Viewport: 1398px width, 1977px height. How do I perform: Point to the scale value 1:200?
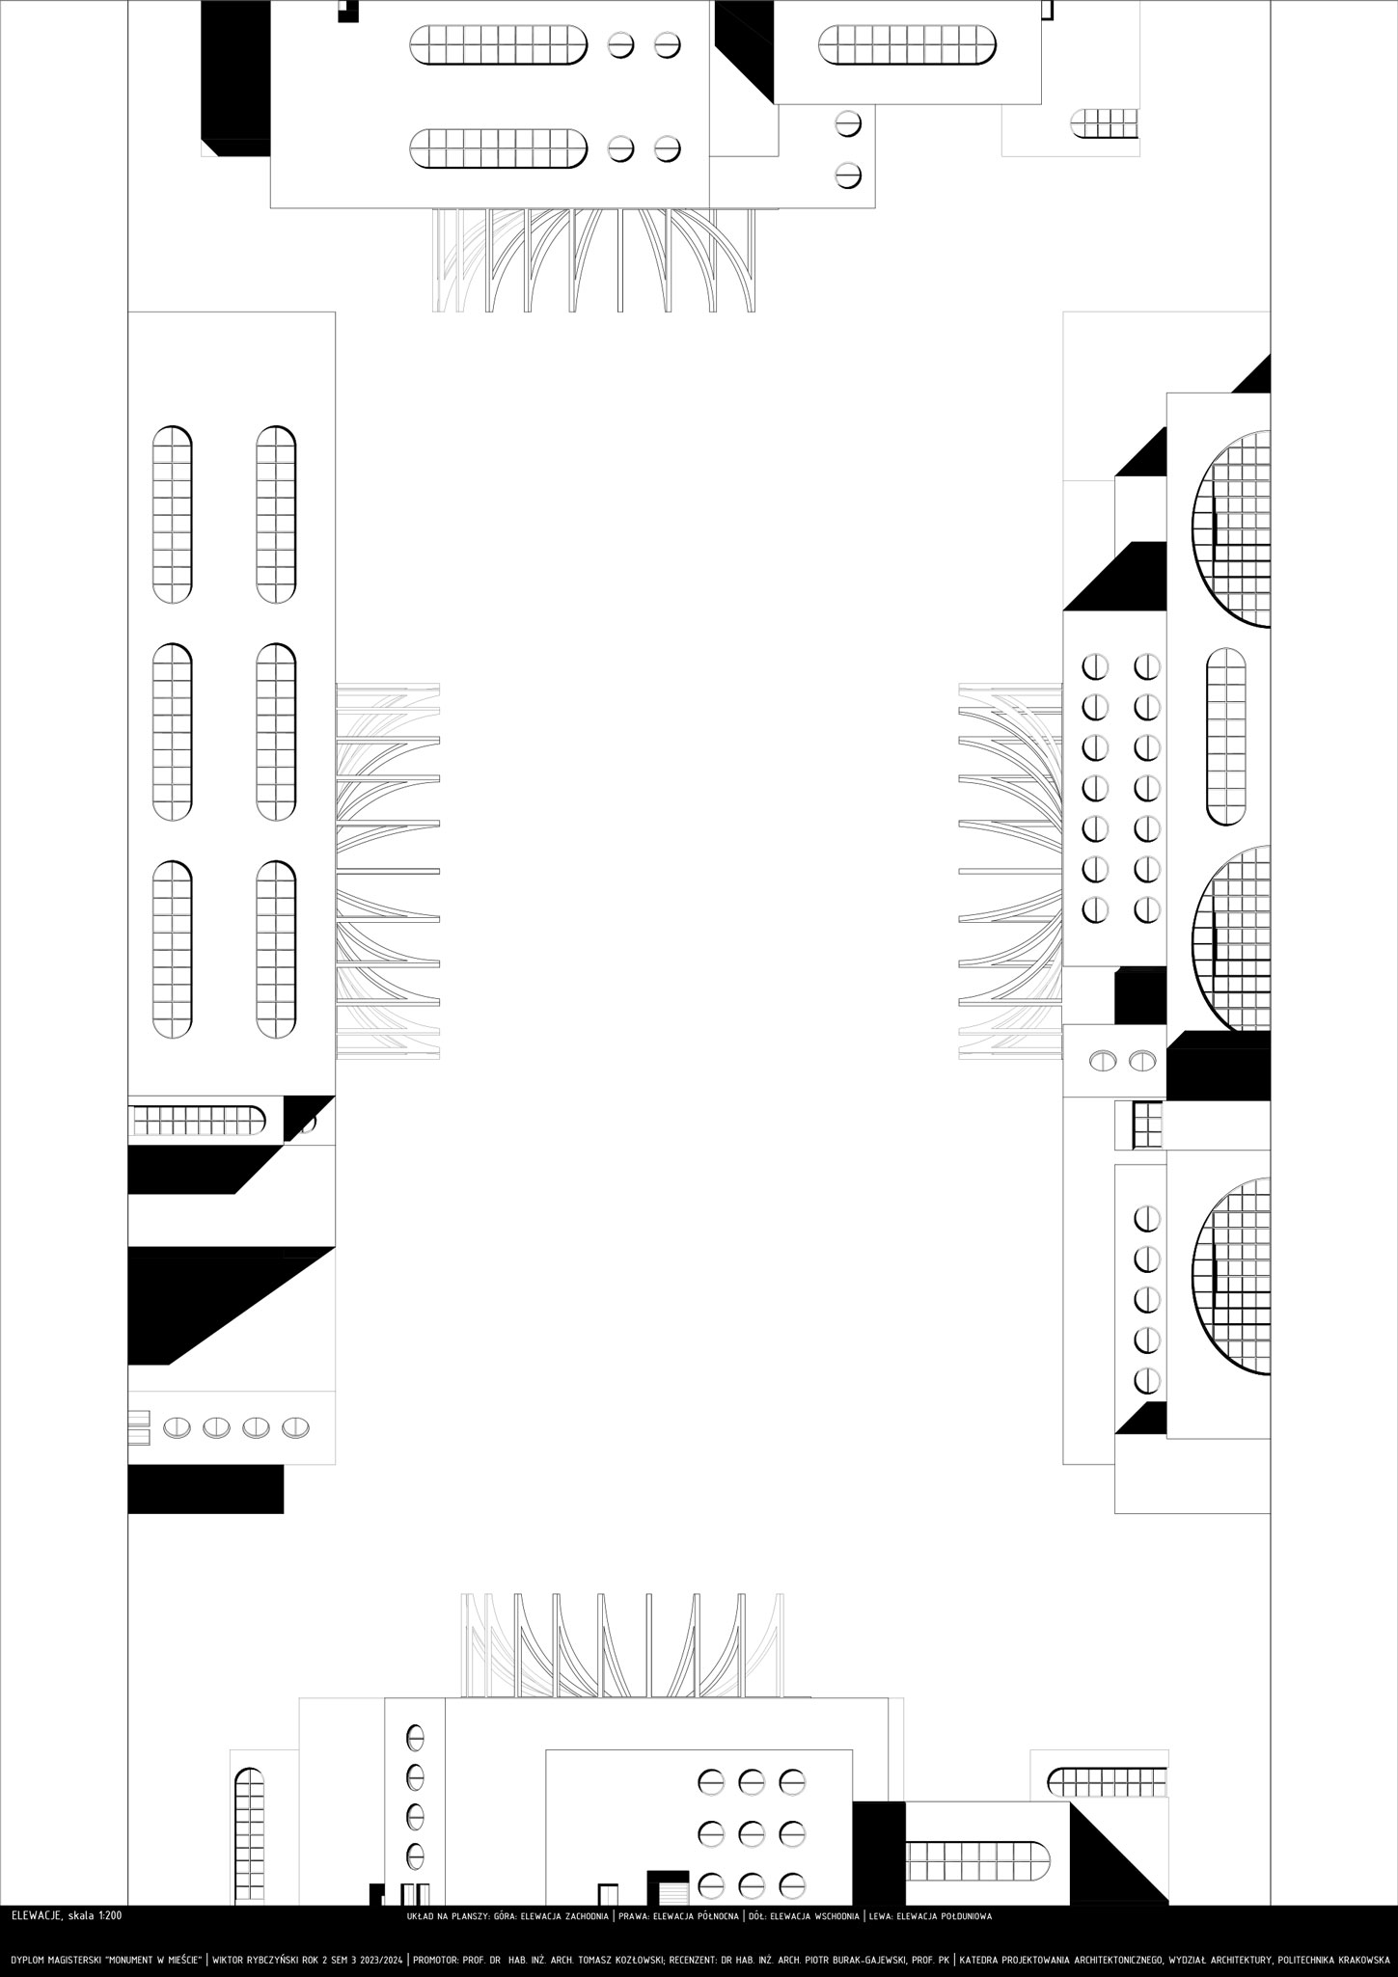point(109,1915)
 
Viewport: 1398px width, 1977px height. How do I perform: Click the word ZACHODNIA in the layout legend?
point(585,1916)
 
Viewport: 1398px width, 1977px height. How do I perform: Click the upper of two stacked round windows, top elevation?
point(847,124)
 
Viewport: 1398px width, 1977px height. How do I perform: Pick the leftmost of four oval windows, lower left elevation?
point(177,1427)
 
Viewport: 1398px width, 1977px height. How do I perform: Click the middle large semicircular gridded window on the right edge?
point(1232,938)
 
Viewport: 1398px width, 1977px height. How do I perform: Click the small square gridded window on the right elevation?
point(1147,1125)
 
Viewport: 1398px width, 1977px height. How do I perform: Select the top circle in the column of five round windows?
point(1145,1219)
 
